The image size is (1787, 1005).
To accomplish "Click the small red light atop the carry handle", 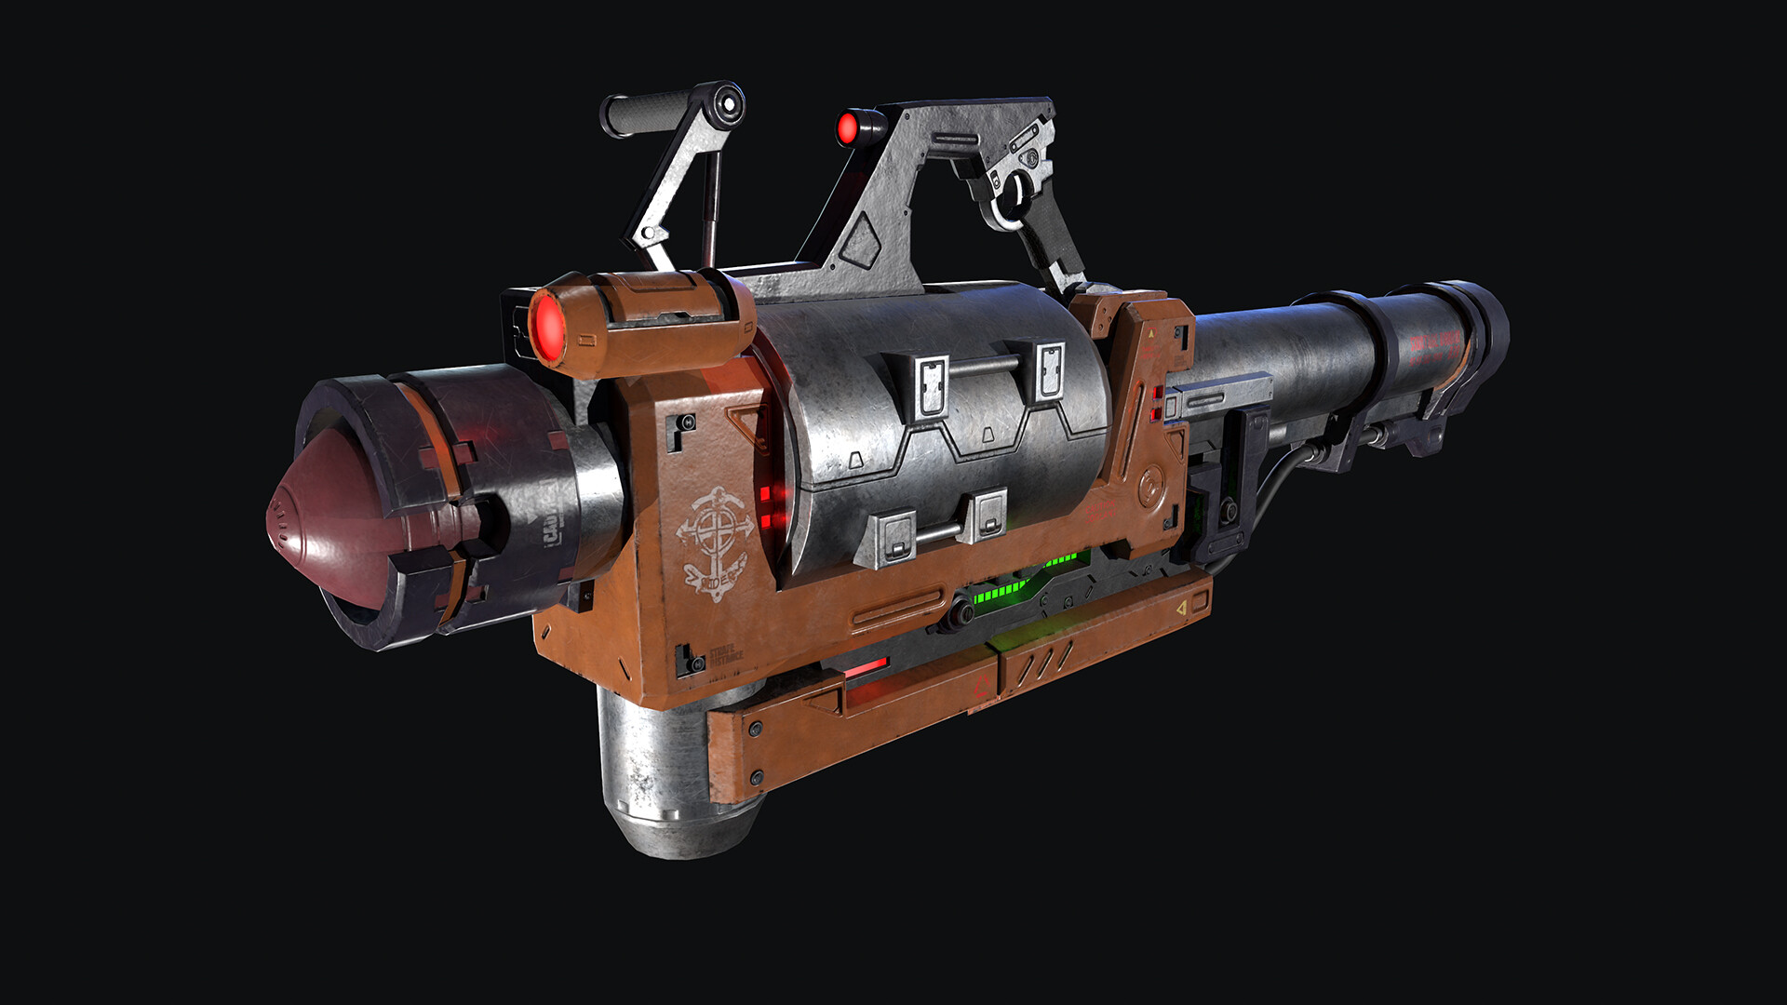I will point(848,128).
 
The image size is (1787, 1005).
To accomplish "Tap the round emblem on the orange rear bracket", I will point(1152,485).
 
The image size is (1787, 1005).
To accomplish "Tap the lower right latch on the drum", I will point(986,515).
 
